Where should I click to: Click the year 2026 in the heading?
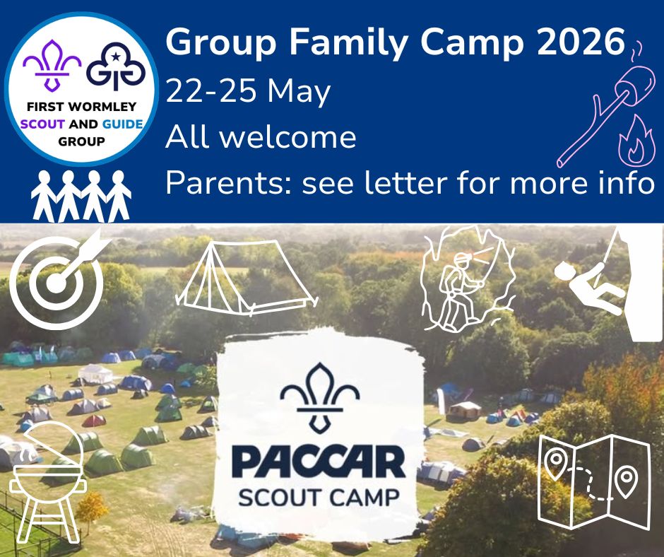pyautogui.click(x=581, y=42)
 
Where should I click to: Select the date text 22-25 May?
pyautogui.click(x=248, y=92)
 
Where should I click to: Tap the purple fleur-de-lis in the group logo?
pyautogui.click(x=52, y=65)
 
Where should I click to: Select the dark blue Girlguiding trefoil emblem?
pyautogui.click(x=116, y=66)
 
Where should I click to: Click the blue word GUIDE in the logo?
pyautogui.click(x=123, y=124)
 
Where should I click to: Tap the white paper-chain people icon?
pyautogui.click(x=81, y=197)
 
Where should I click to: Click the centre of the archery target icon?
pyautogui.click(x=56, y=282)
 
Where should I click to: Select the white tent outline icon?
pyautogui.click(x=247, y=278)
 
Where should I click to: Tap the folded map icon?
pyautogui.click(x=593, y=481)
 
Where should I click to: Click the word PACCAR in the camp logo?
pyautogui.click(x=319, y=463)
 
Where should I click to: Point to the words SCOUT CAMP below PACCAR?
pyautogui.click(x=319, y=496)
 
